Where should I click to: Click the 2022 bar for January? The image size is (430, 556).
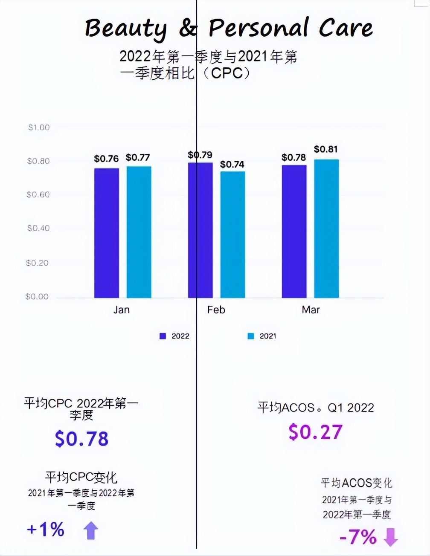(107, 233)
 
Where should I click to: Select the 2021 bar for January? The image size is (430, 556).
(139, 232)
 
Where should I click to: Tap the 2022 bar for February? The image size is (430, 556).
(200, 230)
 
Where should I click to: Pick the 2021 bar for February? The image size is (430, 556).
(232, 235)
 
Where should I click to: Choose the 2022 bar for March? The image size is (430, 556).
(294, 231)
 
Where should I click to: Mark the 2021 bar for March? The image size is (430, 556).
(326, 229)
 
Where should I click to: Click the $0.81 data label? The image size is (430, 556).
(326, 149)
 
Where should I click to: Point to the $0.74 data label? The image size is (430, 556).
(232, 164)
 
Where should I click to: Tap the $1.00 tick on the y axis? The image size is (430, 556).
(39, 127)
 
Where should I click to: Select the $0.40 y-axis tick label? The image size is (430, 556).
(38, 229)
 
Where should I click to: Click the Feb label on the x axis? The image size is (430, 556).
(216, 310)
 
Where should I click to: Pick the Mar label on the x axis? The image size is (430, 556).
(311, 310)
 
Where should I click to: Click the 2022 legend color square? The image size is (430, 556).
(163, 336)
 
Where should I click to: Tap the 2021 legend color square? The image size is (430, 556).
(251, 336)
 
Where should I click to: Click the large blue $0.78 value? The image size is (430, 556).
(82, 439)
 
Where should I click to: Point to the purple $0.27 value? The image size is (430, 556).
(315, 432)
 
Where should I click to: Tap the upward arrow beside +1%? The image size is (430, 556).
(90, 531)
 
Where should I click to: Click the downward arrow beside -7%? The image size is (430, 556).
(391, 537)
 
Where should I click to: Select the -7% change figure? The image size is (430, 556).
(358, 537)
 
